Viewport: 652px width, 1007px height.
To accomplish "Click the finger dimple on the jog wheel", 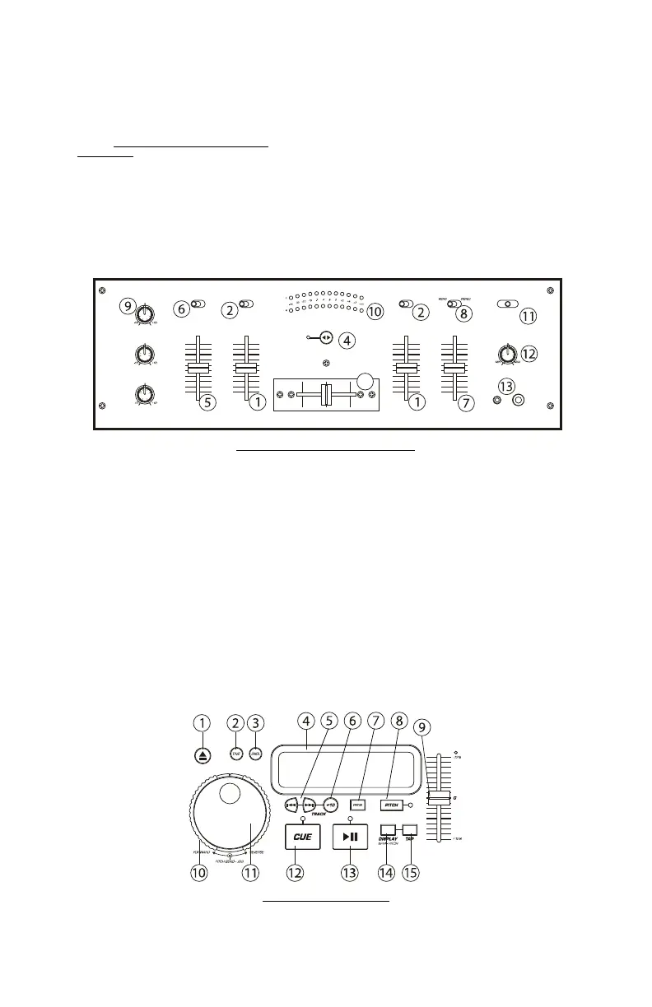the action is pyautogui.click(x=231, y=794).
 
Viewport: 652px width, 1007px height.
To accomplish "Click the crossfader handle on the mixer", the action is pyautogui.click(x=326, y=394).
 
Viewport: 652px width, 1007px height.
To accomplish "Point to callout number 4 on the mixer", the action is pyautogui.click(x=348, y=340).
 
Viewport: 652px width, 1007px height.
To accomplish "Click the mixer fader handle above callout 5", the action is pyautogui.click(x=198, y=368).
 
